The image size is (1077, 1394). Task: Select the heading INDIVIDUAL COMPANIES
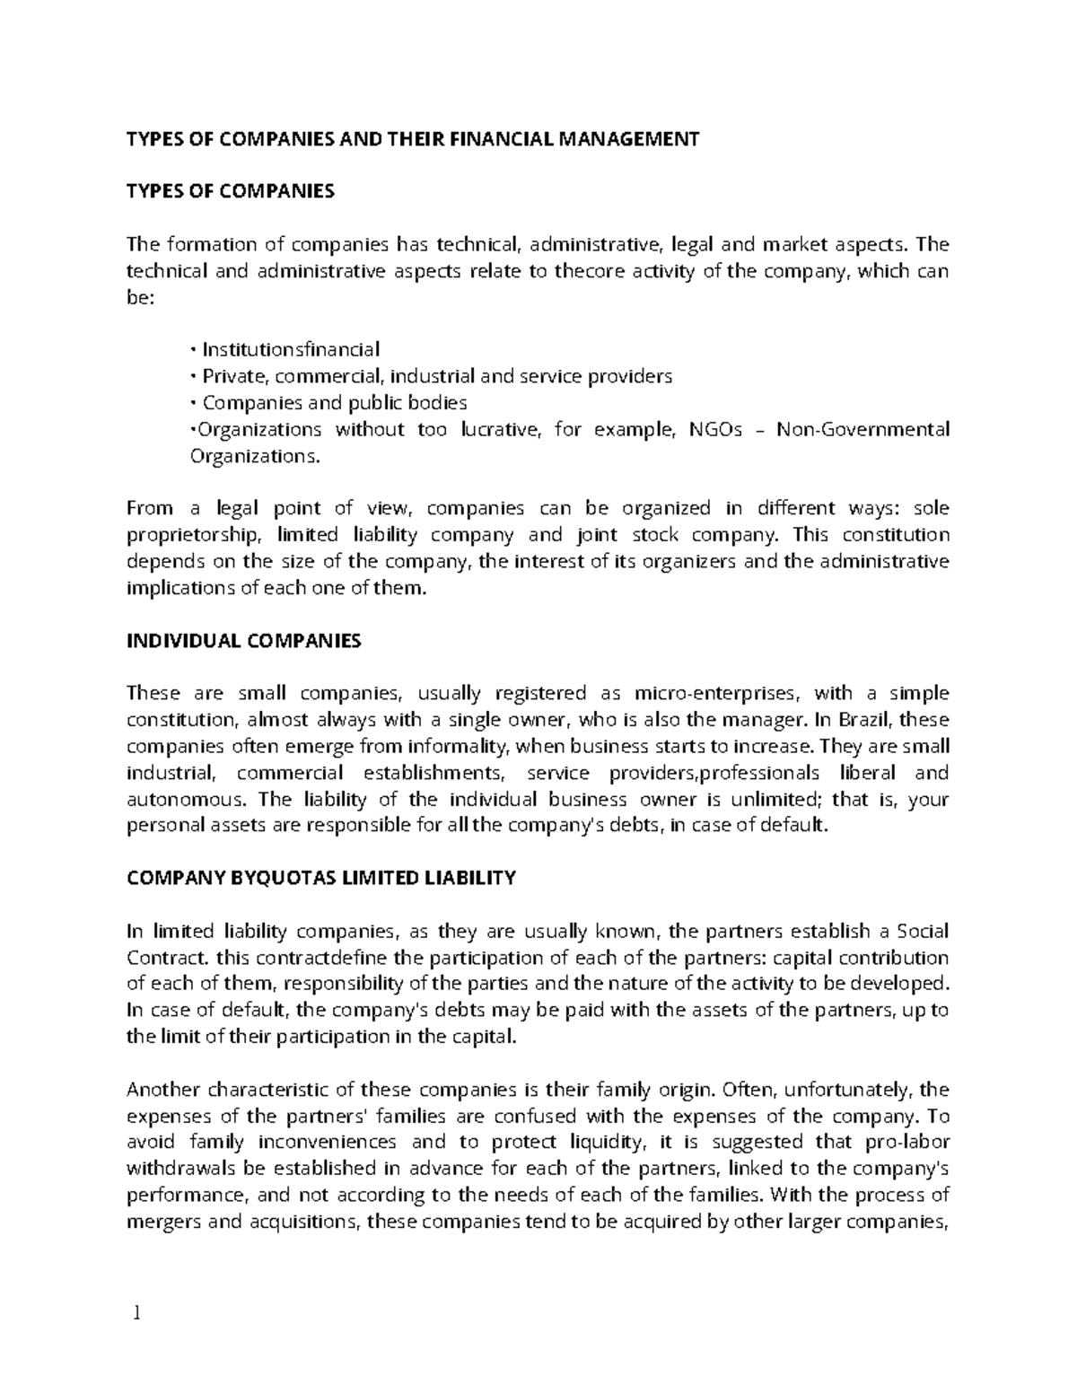tap(244, 641)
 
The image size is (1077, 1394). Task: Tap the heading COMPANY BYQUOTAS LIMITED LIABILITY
tap(321, 878)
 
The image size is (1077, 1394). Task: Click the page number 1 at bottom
tap(136, 1314)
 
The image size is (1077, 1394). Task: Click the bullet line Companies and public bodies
tap(334, 402)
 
